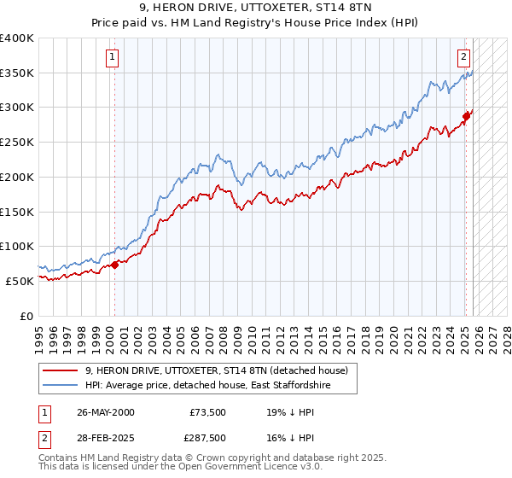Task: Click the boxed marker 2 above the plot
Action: (463, 58)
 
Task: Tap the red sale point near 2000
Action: (114, 265)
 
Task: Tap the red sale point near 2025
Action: (466, 116)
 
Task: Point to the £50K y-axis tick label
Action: (20, 281)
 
